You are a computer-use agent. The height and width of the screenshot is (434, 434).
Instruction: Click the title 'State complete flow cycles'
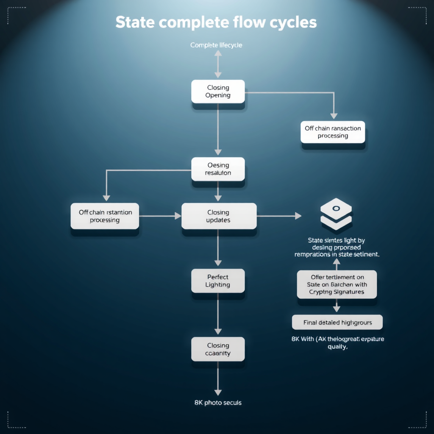click(216, 22)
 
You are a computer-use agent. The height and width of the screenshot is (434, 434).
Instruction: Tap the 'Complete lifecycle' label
click(216, 45)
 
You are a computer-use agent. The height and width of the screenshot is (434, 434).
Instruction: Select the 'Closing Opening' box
click(218, 92)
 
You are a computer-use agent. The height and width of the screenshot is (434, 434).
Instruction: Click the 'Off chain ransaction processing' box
click(333, 132)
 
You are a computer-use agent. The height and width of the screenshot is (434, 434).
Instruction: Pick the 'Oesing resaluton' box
click(218, 169)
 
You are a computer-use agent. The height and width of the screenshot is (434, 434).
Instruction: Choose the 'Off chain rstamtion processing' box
click(105, 216)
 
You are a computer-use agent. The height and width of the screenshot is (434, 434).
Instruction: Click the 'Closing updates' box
click(219, 216)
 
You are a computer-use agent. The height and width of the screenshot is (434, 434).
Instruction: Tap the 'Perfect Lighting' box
click(218, 281)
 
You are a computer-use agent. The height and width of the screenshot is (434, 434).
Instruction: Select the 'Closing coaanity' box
click(218, 349)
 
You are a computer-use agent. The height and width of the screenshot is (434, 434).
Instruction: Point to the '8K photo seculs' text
click(218, 403)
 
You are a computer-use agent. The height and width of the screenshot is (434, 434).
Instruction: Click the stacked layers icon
click(336, 214)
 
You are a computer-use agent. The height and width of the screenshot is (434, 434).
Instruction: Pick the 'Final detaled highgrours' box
click(337, 323)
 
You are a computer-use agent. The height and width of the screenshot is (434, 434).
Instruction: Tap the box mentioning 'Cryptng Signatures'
click(337, 284)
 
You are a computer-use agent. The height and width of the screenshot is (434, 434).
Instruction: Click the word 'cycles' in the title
click(295, 22)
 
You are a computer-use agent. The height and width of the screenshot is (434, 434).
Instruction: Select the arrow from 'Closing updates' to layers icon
click(278, 216)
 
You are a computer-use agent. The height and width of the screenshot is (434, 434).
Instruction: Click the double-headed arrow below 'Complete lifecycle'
click(218, 64)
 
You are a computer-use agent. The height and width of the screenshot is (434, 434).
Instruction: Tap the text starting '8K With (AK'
click(337, 343)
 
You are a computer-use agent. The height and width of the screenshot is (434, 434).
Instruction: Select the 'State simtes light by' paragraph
click(337, 248)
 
